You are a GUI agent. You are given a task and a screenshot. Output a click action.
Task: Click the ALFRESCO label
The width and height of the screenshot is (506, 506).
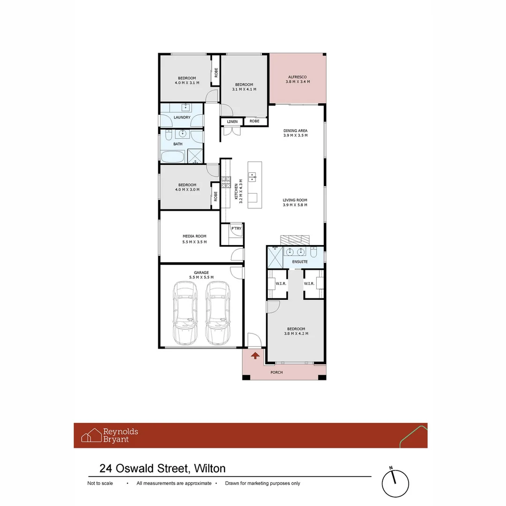[297, 77]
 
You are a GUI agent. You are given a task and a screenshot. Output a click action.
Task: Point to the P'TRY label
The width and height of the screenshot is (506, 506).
[236, 229]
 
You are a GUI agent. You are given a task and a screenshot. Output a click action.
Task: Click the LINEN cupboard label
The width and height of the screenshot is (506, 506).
[232, 122]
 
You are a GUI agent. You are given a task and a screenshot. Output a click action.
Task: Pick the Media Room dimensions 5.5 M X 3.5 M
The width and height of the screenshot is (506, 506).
[194, 242]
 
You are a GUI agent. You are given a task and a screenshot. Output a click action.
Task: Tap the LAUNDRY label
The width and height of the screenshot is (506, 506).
[182, 118]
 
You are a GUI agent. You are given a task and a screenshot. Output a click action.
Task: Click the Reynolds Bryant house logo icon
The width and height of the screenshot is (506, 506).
[91, 435]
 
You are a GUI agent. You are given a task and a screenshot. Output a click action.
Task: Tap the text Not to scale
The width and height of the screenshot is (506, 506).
[100, 483]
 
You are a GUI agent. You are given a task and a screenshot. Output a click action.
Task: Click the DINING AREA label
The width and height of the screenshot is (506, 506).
[295, 131]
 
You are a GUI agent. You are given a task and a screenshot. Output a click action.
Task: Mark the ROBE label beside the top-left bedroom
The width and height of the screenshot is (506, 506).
[216, 73]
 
